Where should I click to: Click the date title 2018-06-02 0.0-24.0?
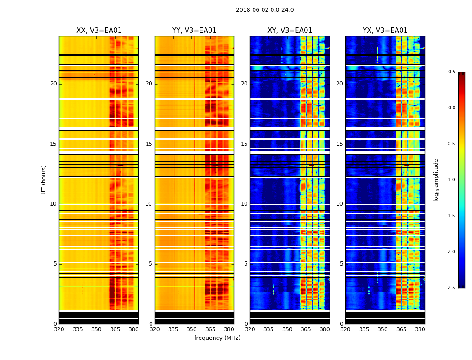pos(265,10)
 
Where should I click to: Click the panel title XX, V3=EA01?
pos(99,31)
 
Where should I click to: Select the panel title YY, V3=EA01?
pos(194,31)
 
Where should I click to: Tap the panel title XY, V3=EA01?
pos(289,31)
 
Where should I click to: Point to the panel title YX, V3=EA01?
pos(385,31)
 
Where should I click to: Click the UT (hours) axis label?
pos(44,180)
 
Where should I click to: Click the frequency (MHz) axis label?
pos(217,338)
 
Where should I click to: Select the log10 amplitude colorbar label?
pos(436,180)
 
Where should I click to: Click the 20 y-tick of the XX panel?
pos(53,84)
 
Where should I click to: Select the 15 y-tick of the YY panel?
pos(149,144)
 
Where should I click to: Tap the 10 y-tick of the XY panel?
pos(244,204)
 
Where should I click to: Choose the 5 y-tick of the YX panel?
pos(341,264)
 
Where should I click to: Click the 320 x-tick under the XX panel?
pos(59,329)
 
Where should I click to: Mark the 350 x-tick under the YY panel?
pos(192,329)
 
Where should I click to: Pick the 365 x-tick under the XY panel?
pos(306,329)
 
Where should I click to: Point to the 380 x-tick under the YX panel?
pos(420,329)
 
